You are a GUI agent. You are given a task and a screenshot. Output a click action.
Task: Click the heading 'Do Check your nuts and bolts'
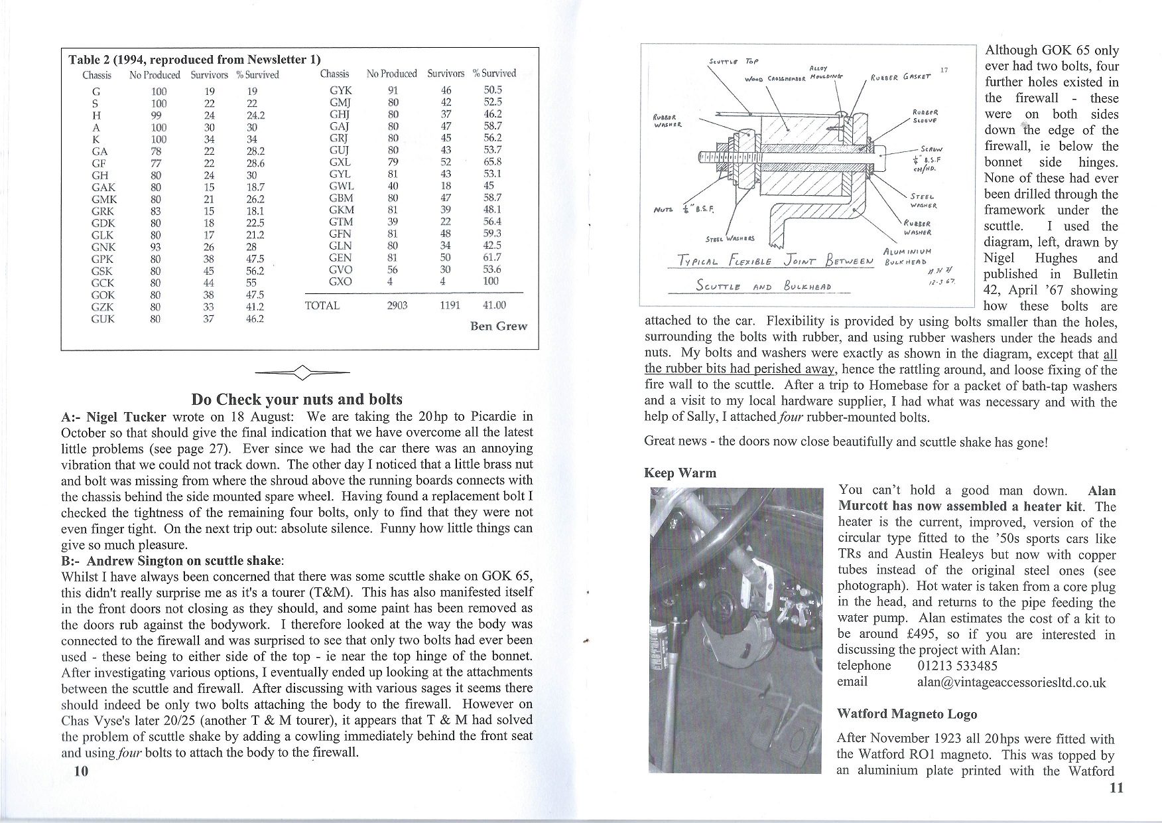tap(296, 399)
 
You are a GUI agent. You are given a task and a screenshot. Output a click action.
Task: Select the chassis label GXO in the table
tap(340, 281)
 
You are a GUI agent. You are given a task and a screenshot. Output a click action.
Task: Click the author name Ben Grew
tap(499, 326)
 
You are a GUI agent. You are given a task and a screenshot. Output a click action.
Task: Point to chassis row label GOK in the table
tap(103, 295)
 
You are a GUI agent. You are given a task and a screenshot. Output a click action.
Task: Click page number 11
tap(1116, 788)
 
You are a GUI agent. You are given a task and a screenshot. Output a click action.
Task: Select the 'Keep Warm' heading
tap(680, 473)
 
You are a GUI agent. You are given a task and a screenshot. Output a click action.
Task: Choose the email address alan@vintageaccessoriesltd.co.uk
tap(1011, 682)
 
